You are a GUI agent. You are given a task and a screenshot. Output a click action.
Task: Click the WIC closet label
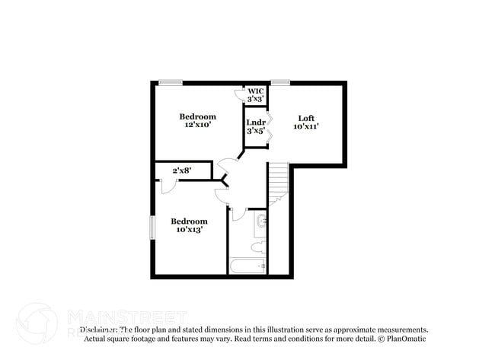pos(256,91)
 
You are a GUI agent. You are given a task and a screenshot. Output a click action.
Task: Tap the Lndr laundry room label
pos(256,122)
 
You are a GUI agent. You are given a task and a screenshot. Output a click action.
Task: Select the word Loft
pos(306,118)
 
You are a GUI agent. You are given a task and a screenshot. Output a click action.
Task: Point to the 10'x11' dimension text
pos(306,127)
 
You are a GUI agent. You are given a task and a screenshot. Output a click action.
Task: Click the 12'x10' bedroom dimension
pos(198,126)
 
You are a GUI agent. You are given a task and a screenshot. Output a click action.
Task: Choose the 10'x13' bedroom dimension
pos(188,229)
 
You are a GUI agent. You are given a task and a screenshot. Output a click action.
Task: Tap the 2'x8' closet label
pos(181,170)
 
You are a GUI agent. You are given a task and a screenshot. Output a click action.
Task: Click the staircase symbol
pos(278,183)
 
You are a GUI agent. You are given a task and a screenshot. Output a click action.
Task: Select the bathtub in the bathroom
pos(248,266)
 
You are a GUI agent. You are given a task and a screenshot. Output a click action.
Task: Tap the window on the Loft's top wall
pos(280,82)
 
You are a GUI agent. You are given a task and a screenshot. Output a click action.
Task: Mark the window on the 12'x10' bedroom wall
pos(170,82)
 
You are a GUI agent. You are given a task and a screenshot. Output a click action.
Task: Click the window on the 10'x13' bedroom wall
pos(152,228)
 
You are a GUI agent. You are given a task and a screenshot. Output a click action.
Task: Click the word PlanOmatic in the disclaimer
pos(407,338)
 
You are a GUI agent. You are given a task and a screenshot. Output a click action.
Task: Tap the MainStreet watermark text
pos(126,315)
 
